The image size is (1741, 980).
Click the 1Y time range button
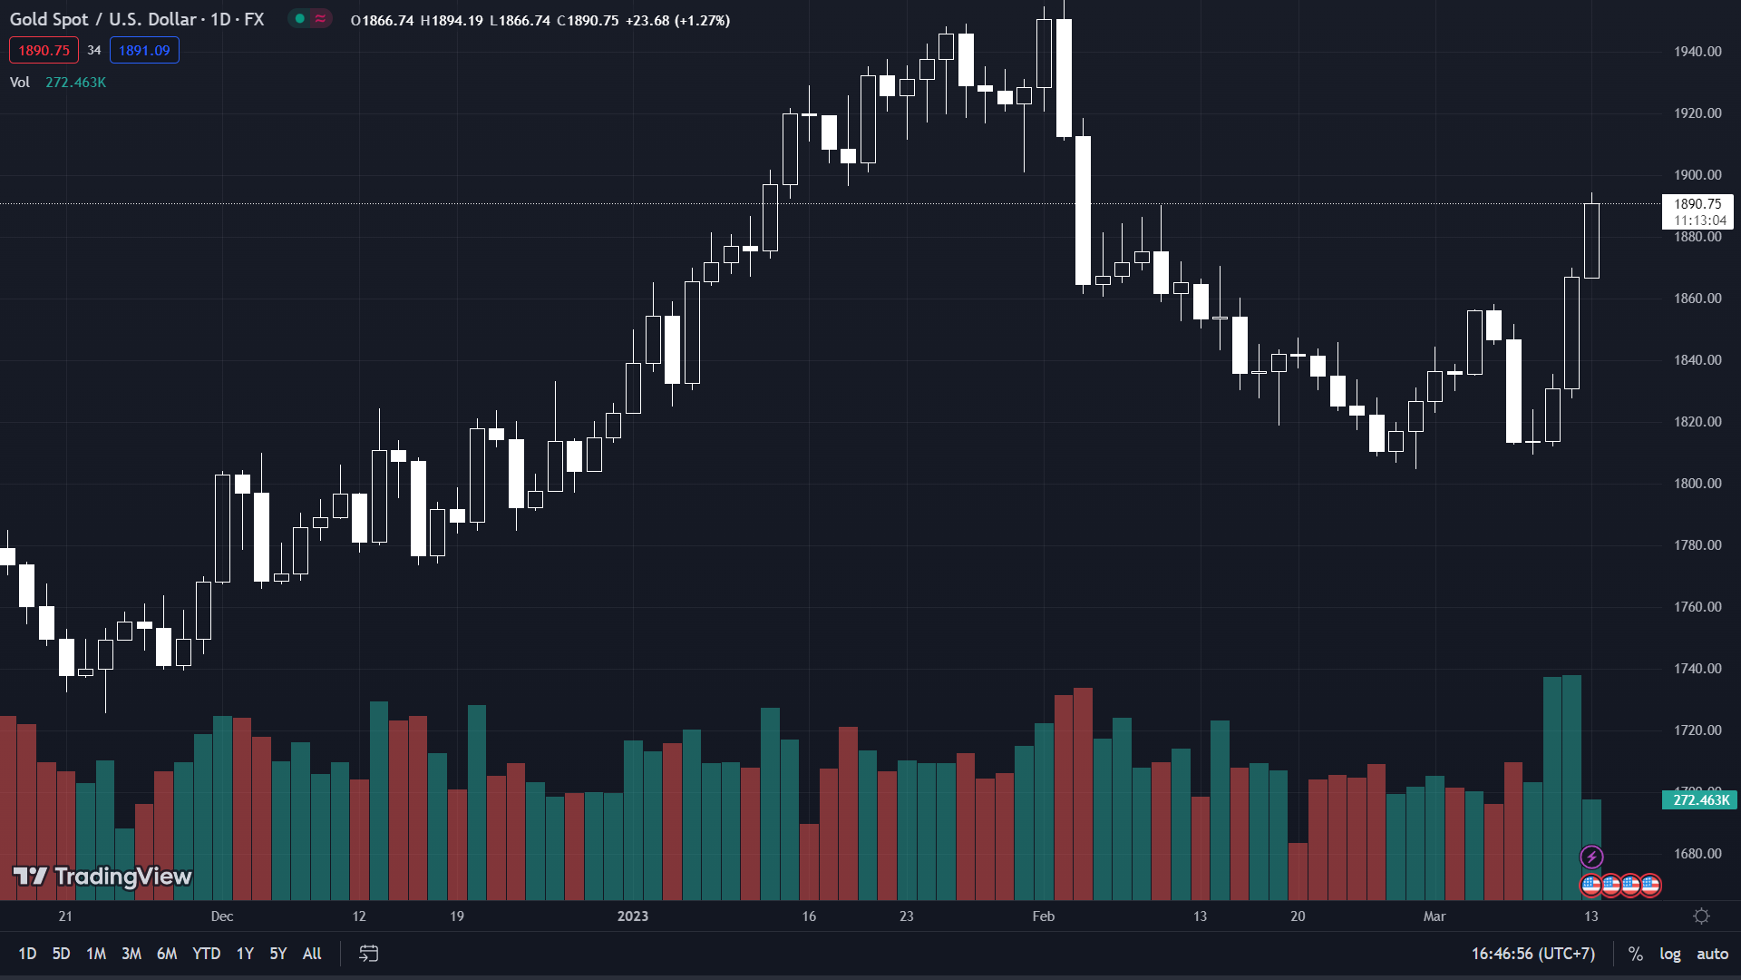(x=245, y=954)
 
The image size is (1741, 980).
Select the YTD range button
(x=206, y=954)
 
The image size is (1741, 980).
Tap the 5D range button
(x=61, y=954)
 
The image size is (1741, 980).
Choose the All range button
(x=312, y=954)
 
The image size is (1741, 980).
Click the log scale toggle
(x=1669, y=954)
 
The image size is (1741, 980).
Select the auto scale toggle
(x=1712, y=954)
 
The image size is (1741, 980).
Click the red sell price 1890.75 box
(x=44, y=51)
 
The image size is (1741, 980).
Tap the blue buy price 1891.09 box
(x=144, y=51)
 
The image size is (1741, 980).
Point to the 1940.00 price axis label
(x=1697, y=52)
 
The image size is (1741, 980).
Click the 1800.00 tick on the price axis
(x=1697, y=484)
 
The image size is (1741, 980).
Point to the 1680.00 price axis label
(x=1697, y=854)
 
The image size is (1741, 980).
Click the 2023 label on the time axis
(x=633, y=916)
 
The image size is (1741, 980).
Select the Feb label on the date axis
(x=1044, y=916)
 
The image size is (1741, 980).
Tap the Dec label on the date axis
(x=222, y=916)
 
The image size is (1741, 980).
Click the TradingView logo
(x=102, y=877)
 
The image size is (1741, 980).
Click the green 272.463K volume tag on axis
(x=1700, y=800)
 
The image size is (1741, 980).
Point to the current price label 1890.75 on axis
(x=1697, y=205)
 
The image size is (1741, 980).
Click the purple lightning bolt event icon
(x=1591, y=857)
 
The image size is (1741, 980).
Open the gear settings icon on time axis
(x=1702, y=916)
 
